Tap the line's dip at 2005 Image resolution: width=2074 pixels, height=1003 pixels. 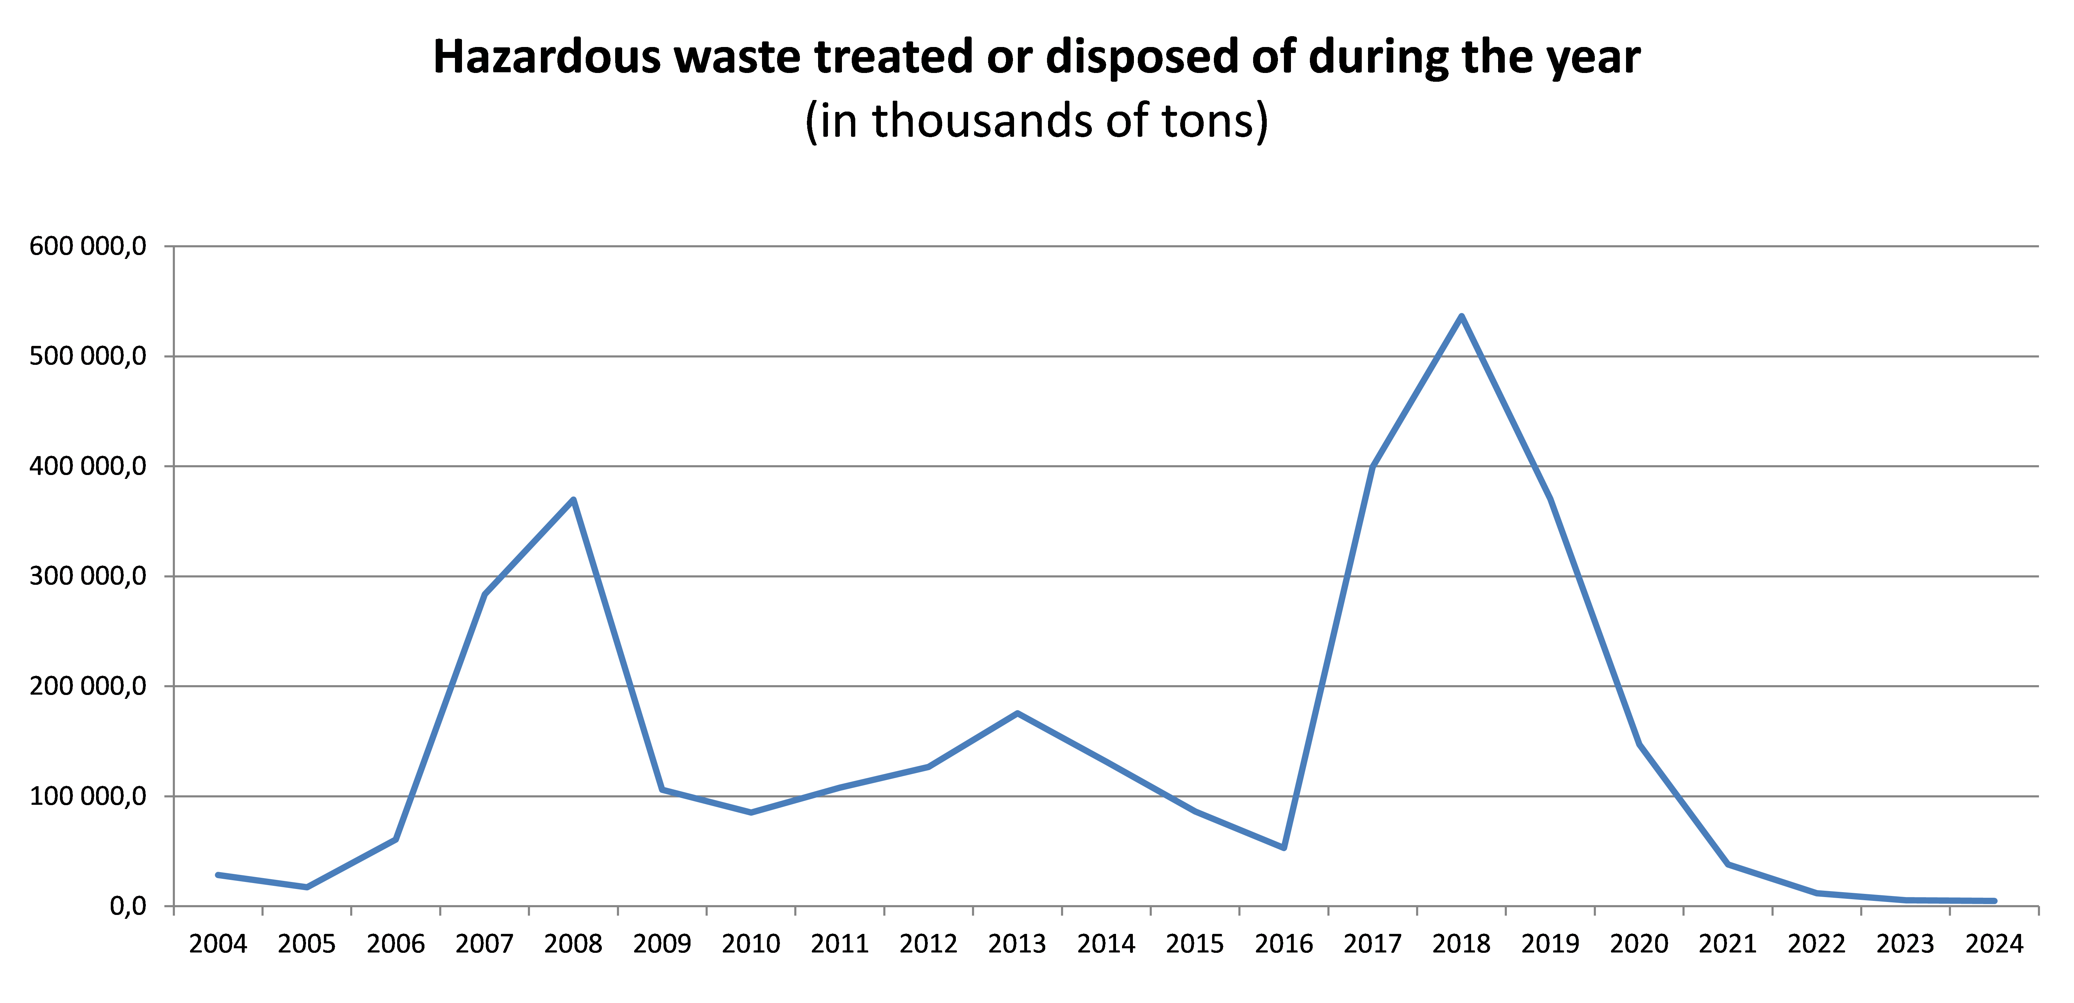coord(307,887)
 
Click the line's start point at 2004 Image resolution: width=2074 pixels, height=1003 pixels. coord(218,874)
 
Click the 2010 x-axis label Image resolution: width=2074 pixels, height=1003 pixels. coord(750,943)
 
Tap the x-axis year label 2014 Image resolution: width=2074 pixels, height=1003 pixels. coord(1106,943)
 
